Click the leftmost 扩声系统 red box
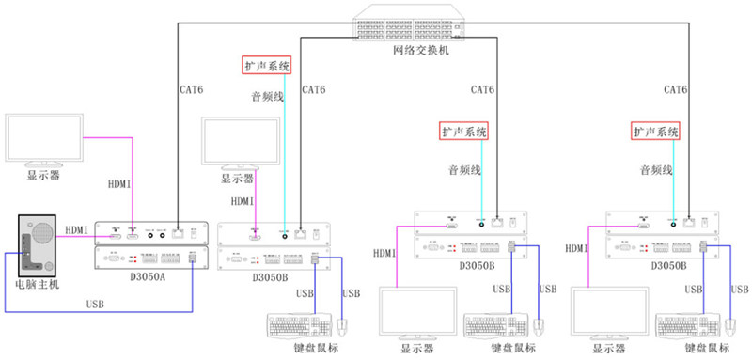point(266,66)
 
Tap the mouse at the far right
point(729,326)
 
